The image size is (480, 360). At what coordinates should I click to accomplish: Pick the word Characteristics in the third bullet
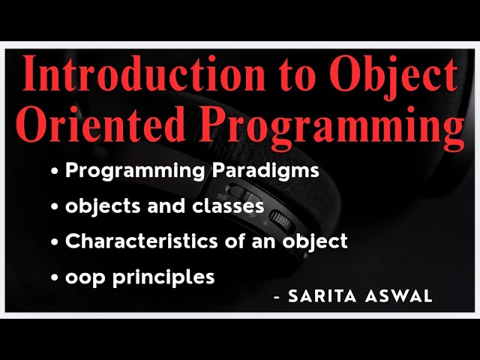[x=136, y=241]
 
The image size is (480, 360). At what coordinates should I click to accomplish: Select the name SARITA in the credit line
[x=316, y=296]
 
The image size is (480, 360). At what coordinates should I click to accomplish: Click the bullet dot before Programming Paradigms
[x=55, y=172]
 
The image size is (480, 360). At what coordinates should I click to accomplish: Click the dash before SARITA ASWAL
[x=277, y=297]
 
